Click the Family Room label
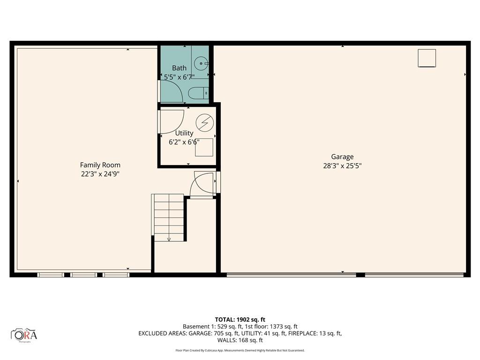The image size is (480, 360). pos(100,165)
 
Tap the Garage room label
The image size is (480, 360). pos(342,157)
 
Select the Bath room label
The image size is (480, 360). pos(179,68)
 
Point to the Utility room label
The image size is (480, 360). pos(184,133)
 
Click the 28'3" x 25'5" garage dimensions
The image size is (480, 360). pos(342,166)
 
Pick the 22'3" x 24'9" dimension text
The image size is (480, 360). pos(100,174)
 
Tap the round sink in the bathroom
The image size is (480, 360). pos(202,63)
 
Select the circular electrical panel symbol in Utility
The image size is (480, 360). pos(204,123)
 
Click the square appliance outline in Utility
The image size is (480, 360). pos(204,148)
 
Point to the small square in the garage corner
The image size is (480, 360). pos(427,58)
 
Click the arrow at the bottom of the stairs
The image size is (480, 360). pos(169,239)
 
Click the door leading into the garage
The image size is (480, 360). pos(203,183)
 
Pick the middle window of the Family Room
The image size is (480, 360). pos(83,275)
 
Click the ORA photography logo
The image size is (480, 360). pos(24,335)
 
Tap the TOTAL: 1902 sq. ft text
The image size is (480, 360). pos(240,320)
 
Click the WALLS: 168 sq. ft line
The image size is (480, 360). pos(240,340)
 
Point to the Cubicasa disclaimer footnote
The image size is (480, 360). pos(240,351)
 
